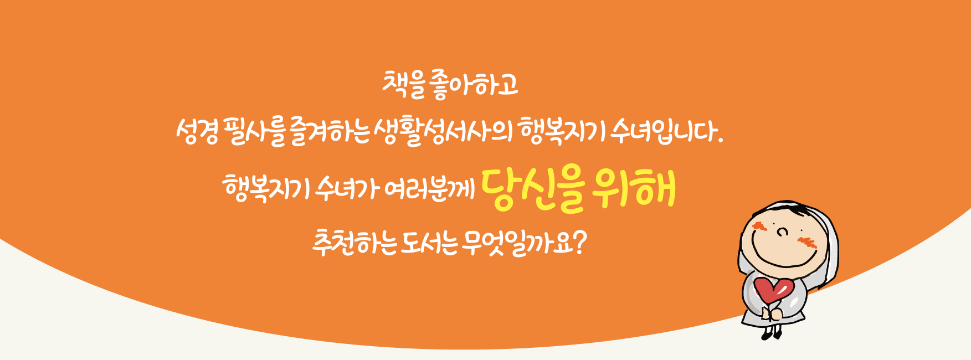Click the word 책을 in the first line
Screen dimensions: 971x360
pos(403,84)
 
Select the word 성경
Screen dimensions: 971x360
pos(198,133)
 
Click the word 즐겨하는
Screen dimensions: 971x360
pos(329,133)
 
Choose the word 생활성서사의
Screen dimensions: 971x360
pos(443,133)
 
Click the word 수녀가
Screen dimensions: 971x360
pos(347,188)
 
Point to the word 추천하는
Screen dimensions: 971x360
pos(355,242)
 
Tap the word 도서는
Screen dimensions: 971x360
pos(430,242)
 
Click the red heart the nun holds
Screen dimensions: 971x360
pos(774,290)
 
